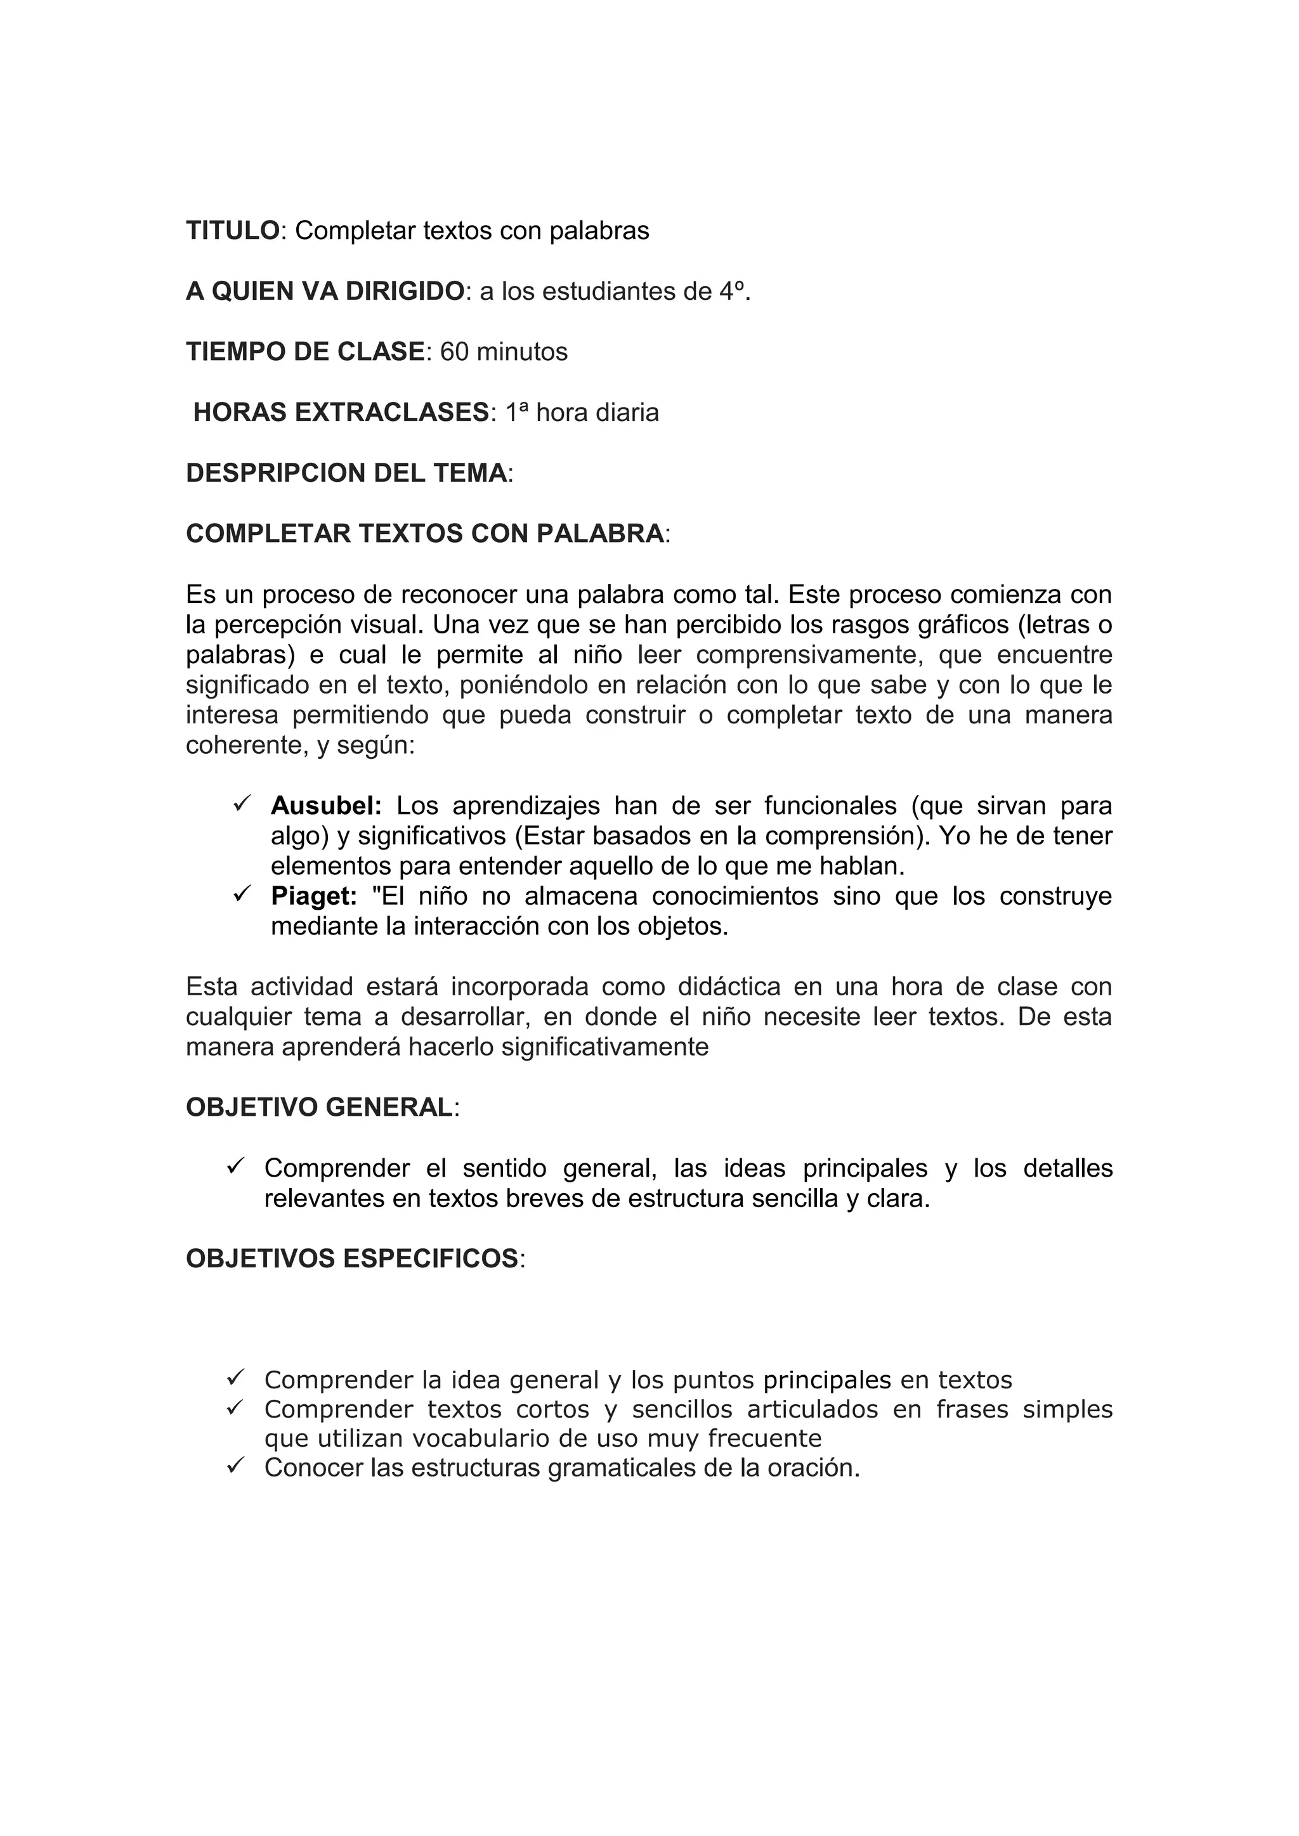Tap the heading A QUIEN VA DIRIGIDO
[x=325, y=291]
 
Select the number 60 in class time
[x=454, y=352]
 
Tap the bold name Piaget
[x=313, y=896]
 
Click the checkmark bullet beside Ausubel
[x=242, y=802]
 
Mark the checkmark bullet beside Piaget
[x=242, y=893]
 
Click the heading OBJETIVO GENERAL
[x=319, y=1108]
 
